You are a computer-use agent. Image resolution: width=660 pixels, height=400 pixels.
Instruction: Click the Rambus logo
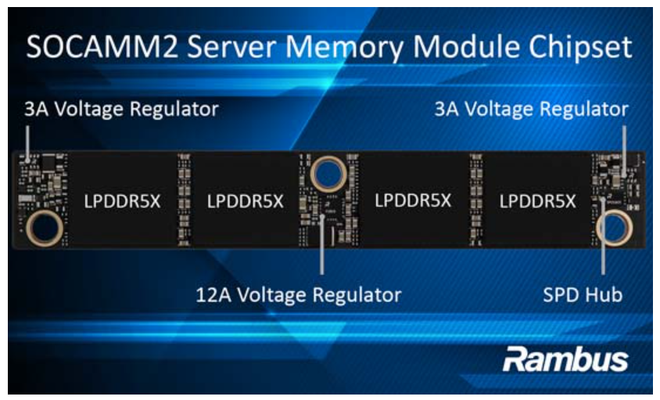pyautogui.click(x=565, y=359)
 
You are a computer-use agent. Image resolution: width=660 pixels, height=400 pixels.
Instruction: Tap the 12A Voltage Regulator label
pyautogui.click(x=299, y=294)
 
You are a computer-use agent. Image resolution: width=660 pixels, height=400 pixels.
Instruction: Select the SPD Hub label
pyautogui.click(x=583, y=294)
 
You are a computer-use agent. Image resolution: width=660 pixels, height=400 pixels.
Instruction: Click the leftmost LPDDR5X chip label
pyautogui.click(x=123, y=201)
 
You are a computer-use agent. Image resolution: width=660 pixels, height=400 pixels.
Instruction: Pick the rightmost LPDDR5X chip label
pyautogui.click(x=537, y=201)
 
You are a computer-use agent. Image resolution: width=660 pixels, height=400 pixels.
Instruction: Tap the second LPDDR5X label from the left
pyautogui.click(x=246, y=201)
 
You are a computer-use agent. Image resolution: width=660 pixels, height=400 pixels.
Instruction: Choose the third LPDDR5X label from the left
pyautogui.click(x=413, y=200)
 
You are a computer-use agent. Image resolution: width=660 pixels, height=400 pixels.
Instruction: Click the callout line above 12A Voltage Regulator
pyautogui.click(x=322, y=245)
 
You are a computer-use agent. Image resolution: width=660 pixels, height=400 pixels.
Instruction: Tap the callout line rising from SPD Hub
pyautogui.click(x=603, y=236)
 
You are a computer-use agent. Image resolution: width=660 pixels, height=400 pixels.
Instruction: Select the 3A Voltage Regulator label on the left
pyautogui.click(x=121, y=109)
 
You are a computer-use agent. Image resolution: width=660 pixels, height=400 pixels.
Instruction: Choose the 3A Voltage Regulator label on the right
pyautogui.click(x=532, y=109)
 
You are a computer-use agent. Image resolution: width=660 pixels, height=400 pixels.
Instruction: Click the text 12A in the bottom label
pyautogui.click(x=213, y=294)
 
